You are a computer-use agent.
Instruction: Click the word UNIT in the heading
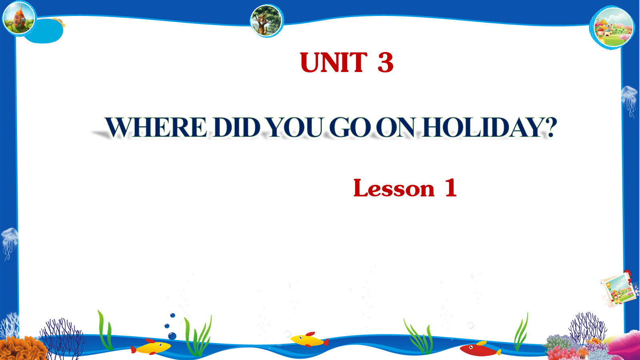point(334,62)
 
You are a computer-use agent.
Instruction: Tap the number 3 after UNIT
point(386,62)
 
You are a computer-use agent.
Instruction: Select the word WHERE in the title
point(156,127)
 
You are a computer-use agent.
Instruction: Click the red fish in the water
point(480,349)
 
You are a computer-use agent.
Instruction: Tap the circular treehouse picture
point(266,20)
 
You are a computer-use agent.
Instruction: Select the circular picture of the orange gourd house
point(19,18)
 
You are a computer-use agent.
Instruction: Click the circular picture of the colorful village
point(612,27)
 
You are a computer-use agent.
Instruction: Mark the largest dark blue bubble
point(172,336)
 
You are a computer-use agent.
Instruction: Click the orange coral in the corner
point(23,348)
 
